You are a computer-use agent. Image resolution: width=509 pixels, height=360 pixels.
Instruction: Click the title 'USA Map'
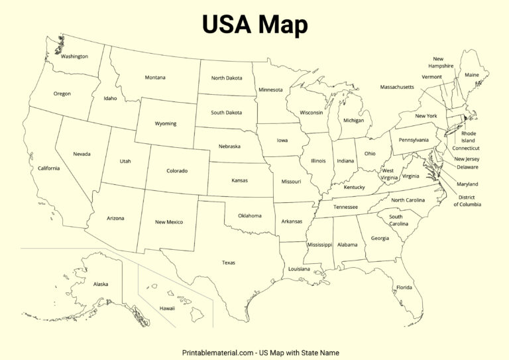pos(254,25)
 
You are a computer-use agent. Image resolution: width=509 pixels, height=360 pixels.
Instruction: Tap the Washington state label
pos(74,56)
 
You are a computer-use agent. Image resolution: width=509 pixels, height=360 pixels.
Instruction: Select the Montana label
pos(155,78)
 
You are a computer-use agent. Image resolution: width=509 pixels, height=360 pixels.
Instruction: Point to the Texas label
pos(228,263)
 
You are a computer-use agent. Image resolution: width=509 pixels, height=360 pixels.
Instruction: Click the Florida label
pos(404,287)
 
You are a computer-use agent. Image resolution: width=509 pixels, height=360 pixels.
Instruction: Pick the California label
pos(48,168)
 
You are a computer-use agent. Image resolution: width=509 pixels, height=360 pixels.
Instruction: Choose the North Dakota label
pos(227,78)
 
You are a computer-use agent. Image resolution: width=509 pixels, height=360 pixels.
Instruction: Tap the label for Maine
pos(471,75)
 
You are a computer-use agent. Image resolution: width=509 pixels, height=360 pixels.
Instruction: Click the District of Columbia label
pos(467,200)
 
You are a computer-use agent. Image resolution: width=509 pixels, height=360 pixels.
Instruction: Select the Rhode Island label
pos(469,137)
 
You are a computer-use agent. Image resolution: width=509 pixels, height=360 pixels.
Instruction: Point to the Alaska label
pos(101,284)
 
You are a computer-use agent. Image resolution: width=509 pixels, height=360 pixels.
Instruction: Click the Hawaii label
pos(168,308)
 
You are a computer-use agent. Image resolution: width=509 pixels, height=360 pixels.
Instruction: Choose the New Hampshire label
pos(441,62)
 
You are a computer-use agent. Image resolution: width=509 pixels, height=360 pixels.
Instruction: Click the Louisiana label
pos(299,269)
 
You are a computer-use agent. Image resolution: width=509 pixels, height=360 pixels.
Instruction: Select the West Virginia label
pos(389,174)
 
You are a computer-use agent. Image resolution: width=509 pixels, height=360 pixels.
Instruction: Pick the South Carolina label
pos(398,220)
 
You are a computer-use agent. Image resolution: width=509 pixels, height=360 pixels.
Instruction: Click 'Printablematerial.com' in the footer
pos(219,353)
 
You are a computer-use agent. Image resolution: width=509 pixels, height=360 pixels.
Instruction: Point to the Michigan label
pos(353,121)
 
